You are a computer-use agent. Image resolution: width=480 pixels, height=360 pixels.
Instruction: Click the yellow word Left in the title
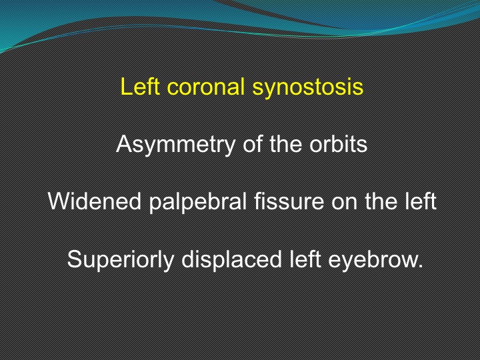click(140, 86)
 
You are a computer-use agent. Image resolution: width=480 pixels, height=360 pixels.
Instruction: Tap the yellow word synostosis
click(307, 88)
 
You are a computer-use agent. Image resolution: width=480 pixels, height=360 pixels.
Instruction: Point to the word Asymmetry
click(175, 145)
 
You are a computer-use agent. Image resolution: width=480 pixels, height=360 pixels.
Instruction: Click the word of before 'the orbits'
click(253, 143)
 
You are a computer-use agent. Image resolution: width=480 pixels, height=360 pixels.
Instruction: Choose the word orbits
click(338, 143)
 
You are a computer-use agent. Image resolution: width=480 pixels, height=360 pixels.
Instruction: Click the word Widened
click(95, 201)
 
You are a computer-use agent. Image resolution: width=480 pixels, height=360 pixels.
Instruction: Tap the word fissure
click(289, 201)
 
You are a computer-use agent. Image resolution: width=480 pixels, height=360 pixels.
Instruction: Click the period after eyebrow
click(419, 266)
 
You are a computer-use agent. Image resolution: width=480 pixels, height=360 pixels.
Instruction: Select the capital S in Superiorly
click(73, 259)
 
